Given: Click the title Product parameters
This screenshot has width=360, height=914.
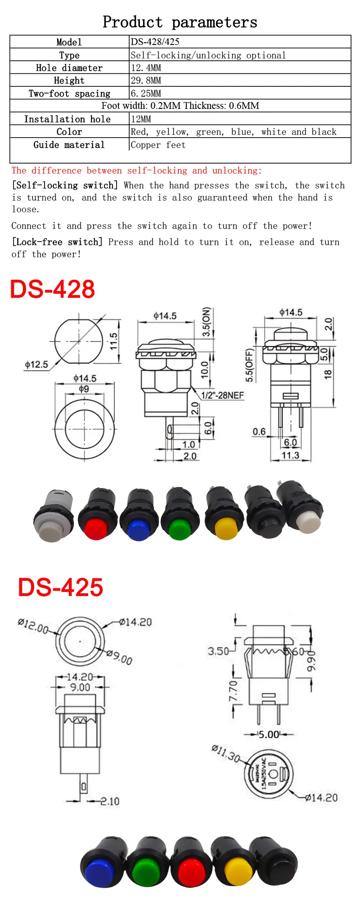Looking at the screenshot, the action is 180,22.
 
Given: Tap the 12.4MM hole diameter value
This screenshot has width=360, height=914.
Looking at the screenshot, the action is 146,68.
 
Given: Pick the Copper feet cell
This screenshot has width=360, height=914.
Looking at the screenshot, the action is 158,145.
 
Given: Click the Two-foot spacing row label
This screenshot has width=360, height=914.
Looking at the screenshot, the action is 69,94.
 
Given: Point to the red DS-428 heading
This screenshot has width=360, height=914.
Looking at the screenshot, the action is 53,289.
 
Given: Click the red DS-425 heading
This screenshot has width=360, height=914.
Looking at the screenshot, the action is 61,587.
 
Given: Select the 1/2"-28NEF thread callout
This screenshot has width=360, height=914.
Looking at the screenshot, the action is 222,395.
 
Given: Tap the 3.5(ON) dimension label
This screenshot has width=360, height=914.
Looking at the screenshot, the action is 206,322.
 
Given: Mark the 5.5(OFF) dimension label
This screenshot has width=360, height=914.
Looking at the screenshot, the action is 250,365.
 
